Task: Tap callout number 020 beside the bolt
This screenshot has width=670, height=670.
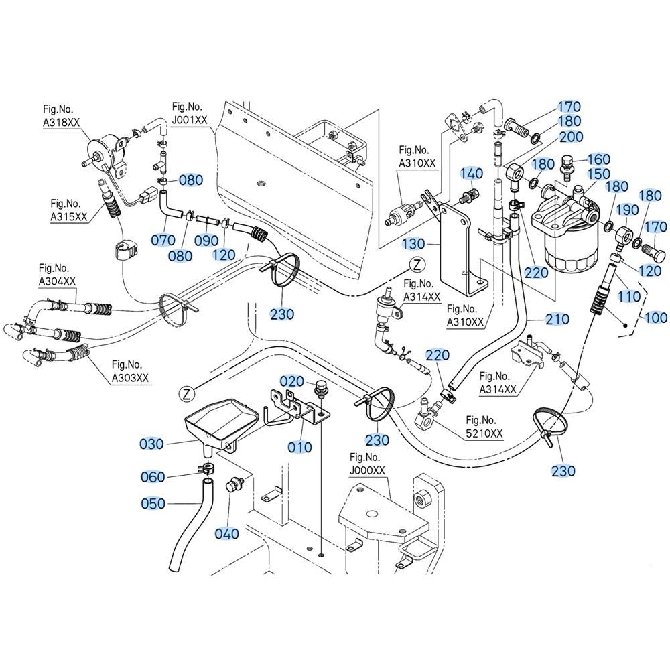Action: [x=292, y=381]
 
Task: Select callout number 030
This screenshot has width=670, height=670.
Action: [x=152, y=444]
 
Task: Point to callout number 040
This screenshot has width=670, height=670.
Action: [x=227, y=533]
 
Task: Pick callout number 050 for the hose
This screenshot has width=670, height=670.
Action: [x=153, y=503]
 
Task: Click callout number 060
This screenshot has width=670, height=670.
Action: [x=153, y=477]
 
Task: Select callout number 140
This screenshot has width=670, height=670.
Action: [x=472, y=174]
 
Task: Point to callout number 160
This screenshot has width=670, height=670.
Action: [x=600, y=159]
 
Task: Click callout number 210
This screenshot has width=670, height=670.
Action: [x=557, y=319]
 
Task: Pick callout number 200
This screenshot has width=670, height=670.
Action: [x=571, y=137]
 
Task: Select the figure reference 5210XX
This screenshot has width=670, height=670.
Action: [x=484, y=429]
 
